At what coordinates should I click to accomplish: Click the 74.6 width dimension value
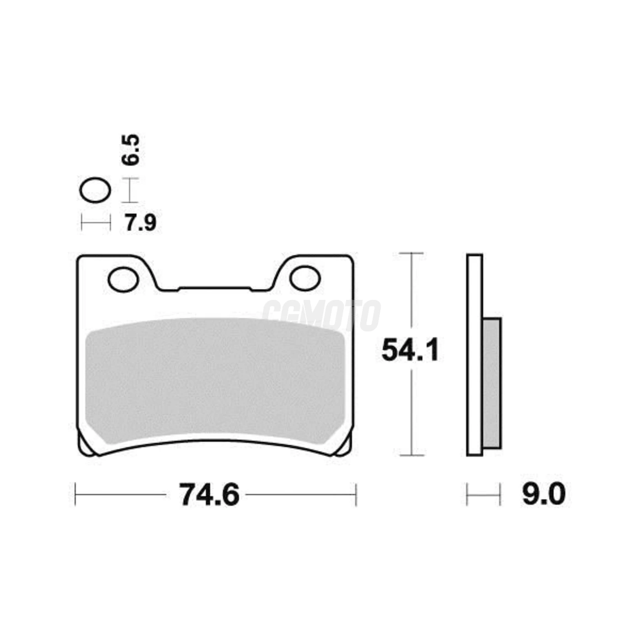tap(209, 495)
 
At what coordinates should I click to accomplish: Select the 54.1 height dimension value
tap(411, 350)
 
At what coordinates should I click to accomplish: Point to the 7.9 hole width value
tap(140, 223)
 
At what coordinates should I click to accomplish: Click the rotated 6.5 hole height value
tap(130, 150)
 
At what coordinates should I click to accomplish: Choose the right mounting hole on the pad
tap(305, 277)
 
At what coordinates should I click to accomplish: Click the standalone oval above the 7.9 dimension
tap(95, 191)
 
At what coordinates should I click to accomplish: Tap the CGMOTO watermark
tap(321, 315)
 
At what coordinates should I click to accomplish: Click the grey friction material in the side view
tap(491, 384)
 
